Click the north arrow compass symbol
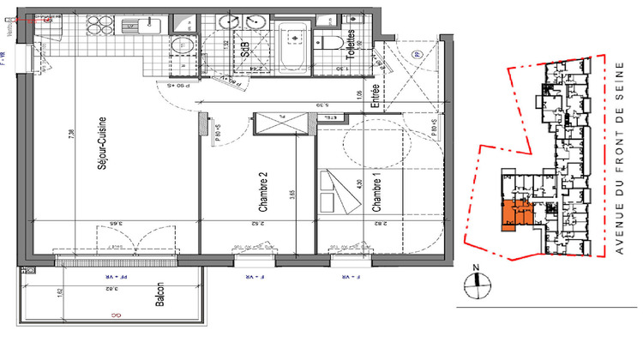[x=479, y=281]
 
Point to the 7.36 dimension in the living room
[x=69, y=137]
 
